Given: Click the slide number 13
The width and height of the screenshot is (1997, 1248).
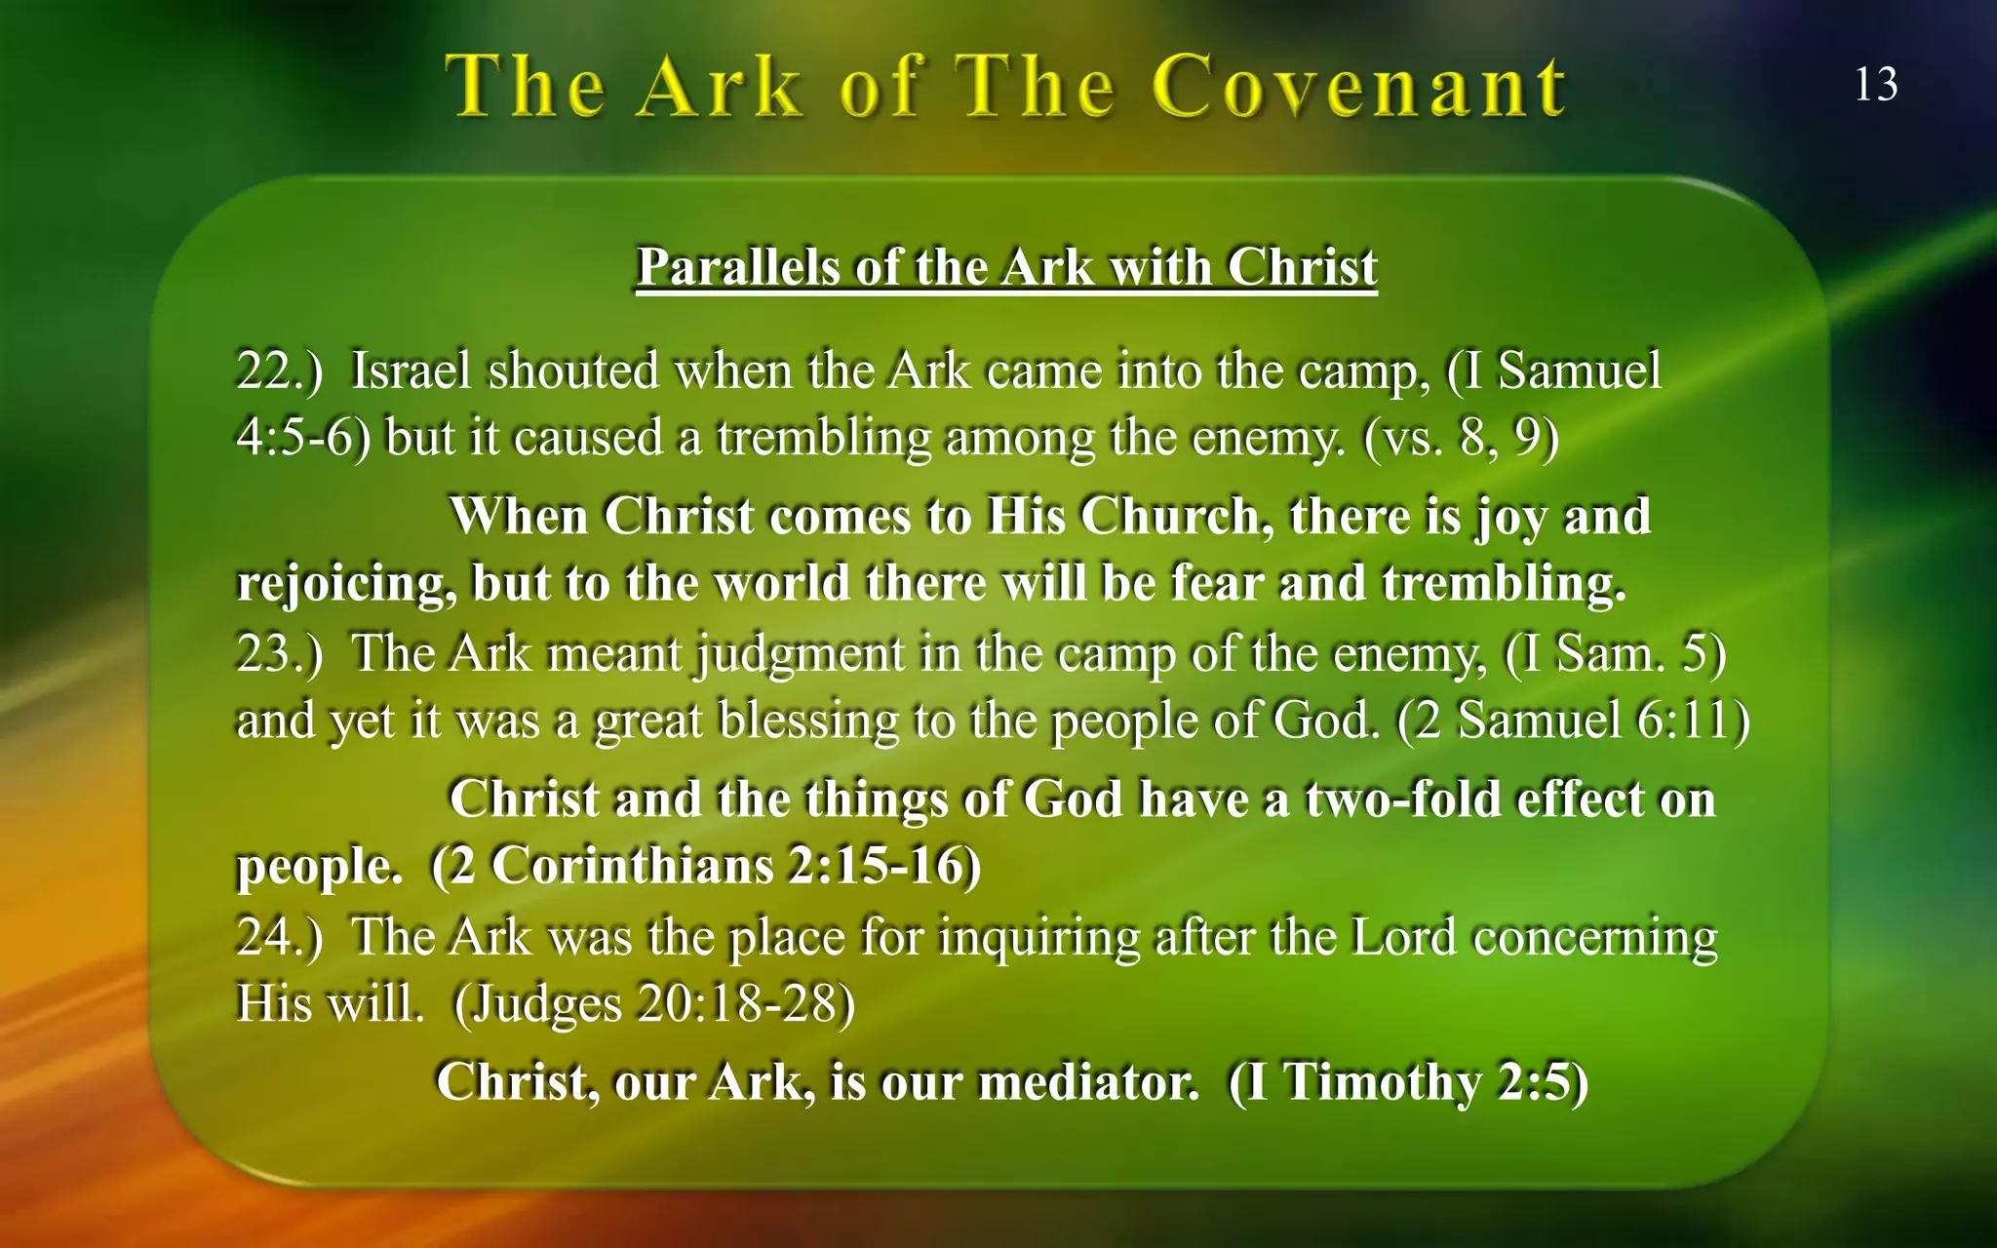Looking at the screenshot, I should point(1875,85).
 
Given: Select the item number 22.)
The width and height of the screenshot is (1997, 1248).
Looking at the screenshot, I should point(279,371).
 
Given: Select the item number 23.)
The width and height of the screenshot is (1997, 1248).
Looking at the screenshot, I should point(279,654).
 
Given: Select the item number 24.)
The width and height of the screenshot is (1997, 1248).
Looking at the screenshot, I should point(279,937).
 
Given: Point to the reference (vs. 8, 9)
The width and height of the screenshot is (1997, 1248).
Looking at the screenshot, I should point(1461,438).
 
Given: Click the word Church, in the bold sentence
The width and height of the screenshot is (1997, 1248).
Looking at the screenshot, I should point(1177,516).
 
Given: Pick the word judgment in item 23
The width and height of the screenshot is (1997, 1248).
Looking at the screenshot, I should point(801,654).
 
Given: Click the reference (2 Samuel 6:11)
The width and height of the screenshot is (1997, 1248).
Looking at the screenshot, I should point(1573,721).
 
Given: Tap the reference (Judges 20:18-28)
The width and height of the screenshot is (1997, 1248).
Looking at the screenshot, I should point(654,1004).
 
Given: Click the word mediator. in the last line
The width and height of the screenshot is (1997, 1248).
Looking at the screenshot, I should point(1088,1081).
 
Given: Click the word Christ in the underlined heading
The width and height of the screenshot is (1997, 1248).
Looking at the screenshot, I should point(1302,266).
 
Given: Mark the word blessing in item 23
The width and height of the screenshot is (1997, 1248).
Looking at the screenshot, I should point(808,722).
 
